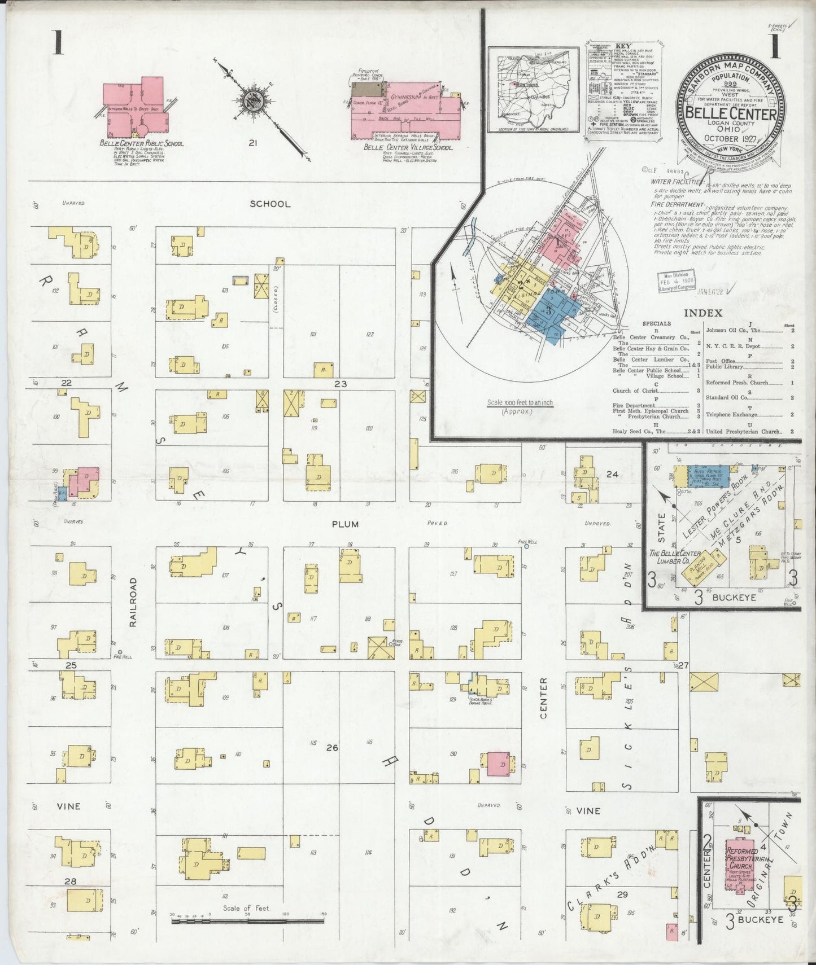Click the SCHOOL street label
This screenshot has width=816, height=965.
270,204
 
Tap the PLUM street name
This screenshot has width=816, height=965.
345,524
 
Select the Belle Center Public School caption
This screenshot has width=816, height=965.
141,143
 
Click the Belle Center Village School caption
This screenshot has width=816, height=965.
407,147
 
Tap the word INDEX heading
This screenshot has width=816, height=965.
702,313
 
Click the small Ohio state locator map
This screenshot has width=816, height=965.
533,89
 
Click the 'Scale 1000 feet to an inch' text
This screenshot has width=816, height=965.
520,403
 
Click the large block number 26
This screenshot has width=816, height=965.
331,748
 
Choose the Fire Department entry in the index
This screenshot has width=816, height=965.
634,405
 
